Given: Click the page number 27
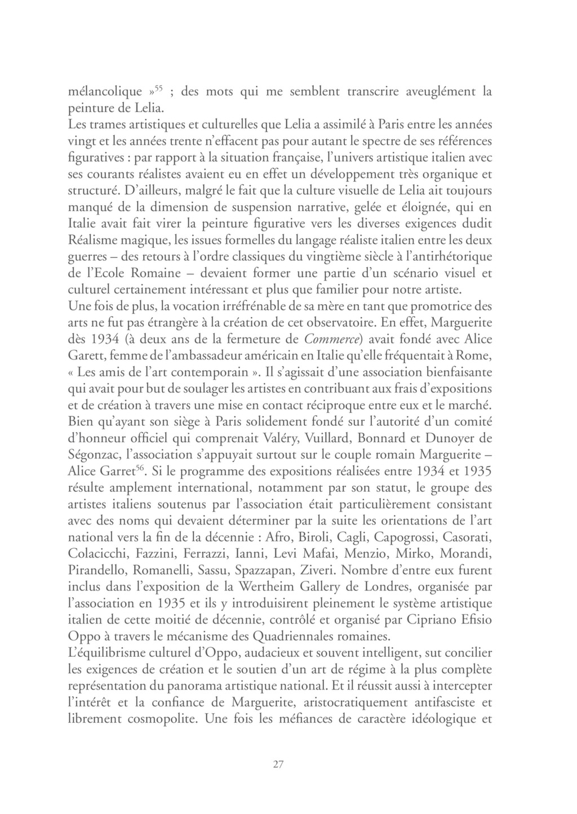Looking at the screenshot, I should [277, 764].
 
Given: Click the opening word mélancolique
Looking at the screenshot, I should [105, 92].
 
